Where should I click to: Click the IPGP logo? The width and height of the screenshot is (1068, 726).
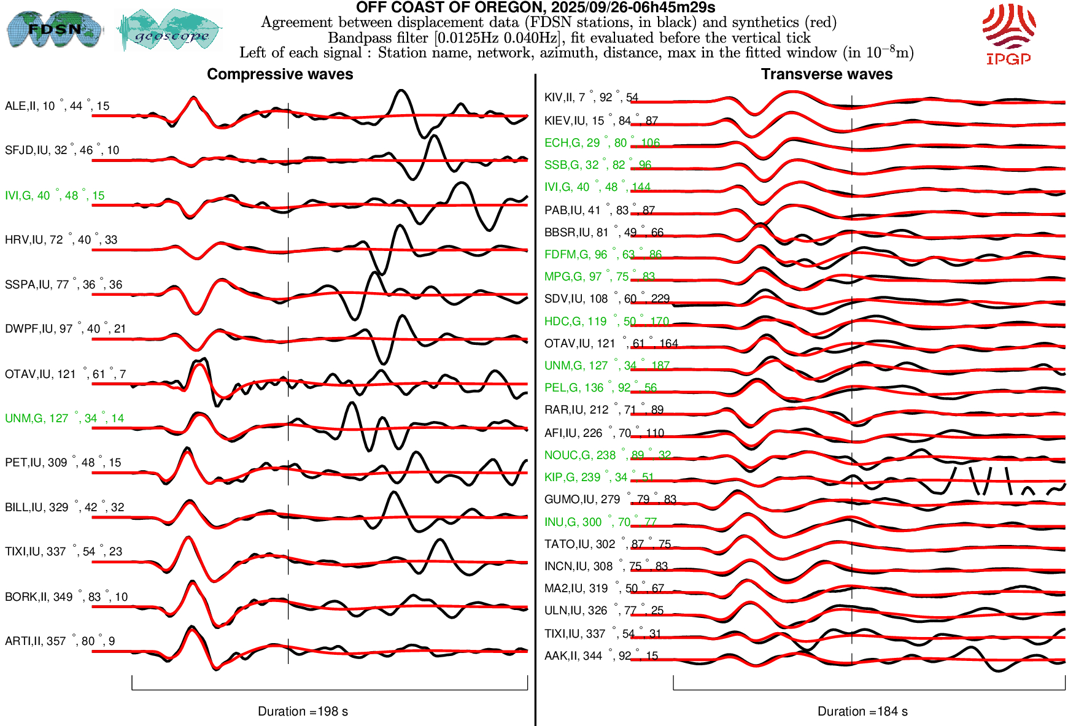click(x=1008, y=34)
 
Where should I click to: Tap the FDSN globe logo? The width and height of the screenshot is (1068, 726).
click(x=55, y=29)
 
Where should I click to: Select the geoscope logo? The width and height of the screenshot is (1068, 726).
click(x=170, y=30)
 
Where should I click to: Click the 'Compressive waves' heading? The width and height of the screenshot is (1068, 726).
click(x=280, y=74)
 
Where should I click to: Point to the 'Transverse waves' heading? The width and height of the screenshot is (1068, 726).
click(x=826, y=74)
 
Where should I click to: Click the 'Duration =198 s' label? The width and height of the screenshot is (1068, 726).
click(x=303, y=711)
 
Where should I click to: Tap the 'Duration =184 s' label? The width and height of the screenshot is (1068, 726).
click(x=862, y=711)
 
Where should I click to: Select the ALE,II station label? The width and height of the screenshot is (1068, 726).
click(x=57, y=106)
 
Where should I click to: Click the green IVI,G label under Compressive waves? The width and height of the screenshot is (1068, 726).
click(x=55, y=196)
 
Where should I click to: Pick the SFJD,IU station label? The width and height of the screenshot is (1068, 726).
click(x=62, y=150)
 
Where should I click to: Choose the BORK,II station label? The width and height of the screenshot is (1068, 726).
click(x=66, y=597)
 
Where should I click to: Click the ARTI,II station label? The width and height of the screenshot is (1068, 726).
click(x=60, y=641)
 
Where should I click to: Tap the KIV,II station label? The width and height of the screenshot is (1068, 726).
click(x=591, y=98)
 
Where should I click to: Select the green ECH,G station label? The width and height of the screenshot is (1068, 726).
click(x=602, y=143)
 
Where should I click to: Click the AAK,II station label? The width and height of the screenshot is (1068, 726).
click(x=601, y=656)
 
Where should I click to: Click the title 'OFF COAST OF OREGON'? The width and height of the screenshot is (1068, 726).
click(x=535, y=8)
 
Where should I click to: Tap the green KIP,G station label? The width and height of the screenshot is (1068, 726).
click(x=599, y=477)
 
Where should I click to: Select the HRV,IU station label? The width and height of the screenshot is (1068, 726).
click(x=61, y=240)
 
